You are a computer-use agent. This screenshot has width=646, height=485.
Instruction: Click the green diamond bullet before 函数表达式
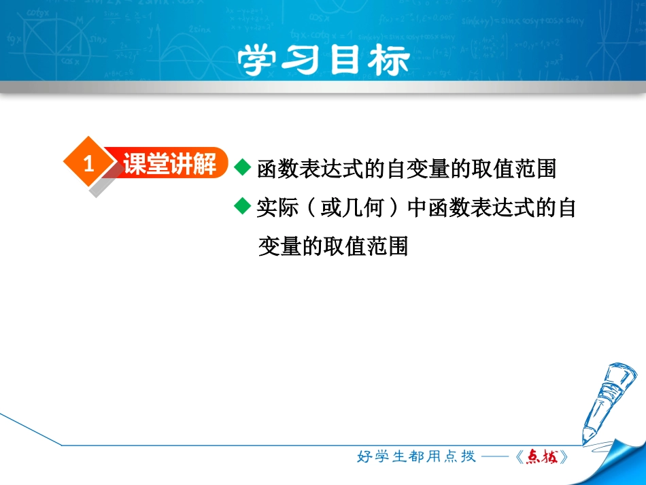[x=243, y=167]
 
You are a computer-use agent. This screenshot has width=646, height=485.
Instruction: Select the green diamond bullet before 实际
[x=243, y=207]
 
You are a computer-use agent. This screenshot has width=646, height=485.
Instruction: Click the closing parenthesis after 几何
[x=392, y=208]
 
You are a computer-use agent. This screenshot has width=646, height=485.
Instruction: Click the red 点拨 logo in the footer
[x=541, y=457]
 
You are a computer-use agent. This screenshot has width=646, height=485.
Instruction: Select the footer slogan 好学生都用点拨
[x=416, y=457]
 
